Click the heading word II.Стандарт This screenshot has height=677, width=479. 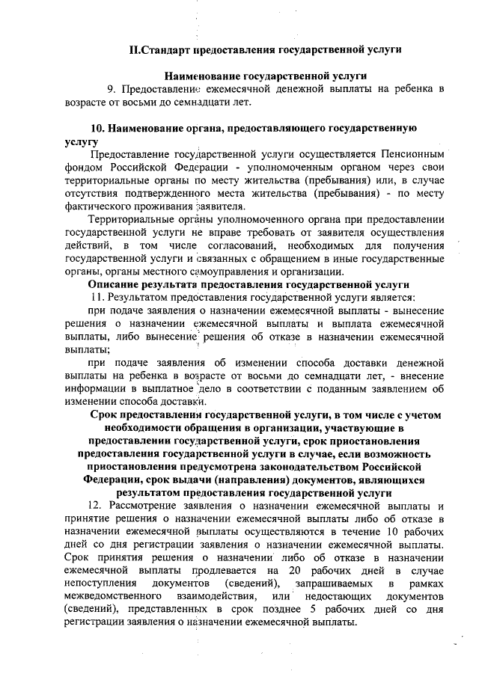[x=160, y=51]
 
